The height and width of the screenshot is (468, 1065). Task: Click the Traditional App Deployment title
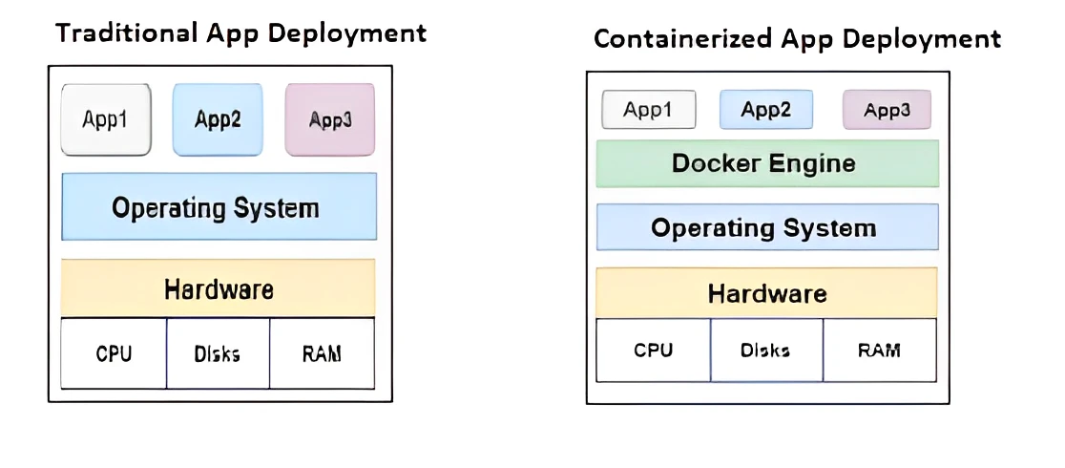click(x=240, y=33)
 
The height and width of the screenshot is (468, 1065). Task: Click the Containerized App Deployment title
click(x=797, y=39)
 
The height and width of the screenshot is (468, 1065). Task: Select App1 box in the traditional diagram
click(x=106, y=119)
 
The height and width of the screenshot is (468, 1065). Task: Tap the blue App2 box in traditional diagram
click(x=218, y=119)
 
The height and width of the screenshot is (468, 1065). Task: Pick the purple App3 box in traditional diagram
click(x=330, y=119)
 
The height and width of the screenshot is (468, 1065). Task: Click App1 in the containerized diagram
click(x=647, y=110)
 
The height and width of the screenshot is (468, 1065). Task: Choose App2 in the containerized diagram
click(x=766, y=110)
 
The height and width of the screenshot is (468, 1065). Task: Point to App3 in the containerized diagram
click(x=887, y=110)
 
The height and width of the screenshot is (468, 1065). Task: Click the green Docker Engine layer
click(x=767, y=163)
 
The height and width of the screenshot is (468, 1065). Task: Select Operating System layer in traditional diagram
click(x=219, y=206)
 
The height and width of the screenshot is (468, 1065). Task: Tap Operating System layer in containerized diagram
click(x=767, y=227)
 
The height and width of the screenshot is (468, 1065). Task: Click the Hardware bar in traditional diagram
click(x=219, y=288)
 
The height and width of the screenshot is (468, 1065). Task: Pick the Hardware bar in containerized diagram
click(x=767, y=293)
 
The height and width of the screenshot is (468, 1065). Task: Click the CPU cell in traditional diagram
click(x=114, y=353)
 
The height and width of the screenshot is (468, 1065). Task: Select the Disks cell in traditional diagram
click(x=219, y=353)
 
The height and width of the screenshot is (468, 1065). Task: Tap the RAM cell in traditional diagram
click(x=323, y=353)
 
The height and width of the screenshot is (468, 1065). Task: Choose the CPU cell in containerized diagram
click(x=654, y=350)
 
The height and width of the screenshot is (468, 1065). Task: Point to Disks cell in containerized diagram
click(x=766, y=350)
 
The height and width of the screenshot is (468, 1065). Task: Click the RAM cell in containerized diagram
click(x=880, y=350)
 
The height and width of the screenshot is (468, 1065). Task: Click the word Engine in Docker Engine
click(x=811, y=163)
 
